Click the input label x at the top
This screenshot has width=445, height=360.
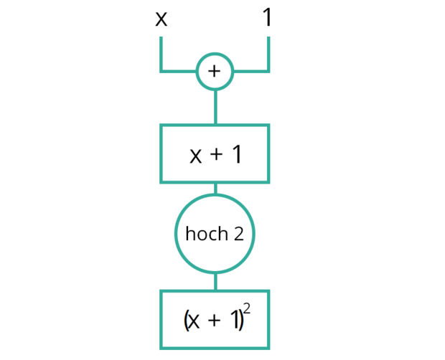click(161, 19)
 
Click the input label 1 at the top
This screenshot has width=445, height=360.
click(267, 17)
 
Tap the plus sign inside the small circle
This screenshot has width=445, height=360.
click(215, 71)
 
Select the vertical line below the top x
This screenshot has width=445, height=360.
click(161, 53)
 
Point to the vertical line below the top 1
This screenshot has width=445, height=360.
click(268, 53)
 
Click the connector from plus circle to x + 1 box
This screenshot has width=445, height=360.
click(215, 107)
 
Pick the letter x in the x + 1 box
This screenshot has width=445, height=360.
click(195, 156)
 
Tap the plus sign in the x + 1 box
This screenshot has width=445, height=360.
click(216, 154)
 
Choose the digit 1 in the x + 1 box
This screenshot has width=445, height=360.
click(238, 154)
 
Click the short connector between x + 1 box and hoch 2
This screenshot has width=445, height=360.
click(215, 189)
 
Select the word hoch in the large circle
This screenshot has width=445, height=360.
click(207, 234)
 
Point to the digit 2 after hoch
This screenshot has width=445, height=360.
click(239, 234)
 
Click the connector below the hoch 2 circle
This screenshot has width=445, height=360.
click(215, 282)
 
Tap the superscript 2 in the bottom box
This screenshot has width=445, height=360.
click(247, 308)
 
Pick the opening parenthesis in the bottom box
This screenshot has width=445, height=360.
click(187, 321)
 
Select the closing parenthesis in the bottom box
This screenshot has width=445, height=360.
click(240, 321)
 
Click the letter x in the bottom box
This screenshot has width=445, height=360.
click(194, 322)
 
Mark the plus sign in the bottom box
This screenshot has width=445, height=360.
click(215, 321)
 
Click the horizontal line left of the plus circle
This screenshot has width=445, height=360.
click(178, 71)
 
